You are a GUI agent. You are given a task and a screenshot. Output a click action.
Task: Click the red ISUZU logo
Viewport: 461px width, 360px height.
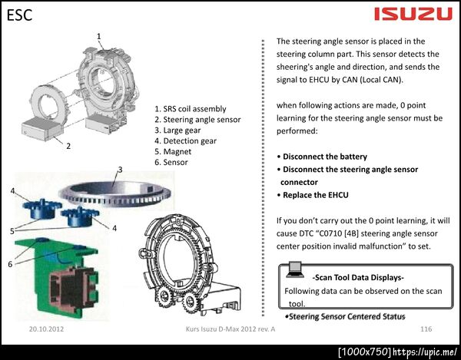click(413, 14)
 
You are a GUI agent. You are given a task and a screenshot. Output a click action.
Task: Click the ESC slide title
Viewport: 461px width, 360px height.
click(19, 15)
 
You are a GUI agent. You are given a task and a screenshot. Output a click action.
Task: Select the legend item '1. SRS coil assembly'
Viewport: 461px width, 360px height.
click(191, 109)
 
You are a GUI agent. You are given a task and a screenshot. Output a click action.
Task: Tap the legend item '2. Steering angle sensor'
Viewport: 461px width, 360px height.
click(197, 120)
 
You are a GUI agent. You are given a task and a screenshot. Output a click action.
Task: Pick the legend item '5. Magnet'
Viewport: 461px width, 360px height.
click(173, 151)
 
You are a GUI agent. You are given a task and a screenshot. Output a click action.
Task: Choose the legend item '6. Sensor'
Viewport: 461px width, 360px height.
click(171, 162)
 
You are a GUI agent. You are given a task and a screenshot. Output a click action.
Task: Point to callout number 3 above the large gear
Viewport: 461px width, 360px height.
click(120, 170)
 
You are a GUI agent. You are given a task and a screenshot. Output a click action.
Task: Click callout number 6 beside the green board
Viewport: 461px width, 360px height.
click(10, 264)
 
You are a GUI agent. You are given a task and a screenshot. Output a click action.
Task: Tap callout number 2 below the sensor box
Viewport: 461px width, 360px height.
click(68, 146)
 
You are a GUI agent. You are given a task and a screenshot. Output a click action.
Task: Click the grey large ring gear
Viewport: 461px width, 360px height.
click(114, 193)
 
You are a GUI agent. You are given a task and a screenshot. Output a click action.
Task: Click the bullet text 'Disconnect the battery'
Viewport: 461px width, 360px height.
click(325, 157)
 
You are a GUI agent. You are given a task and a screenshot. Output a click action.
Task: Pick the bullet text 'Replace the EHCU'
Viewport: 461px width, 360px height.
click(316, 195)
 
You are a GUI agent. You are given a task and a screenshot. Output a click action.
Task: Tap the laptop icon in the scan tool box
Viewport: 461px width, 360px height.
click(295, 269)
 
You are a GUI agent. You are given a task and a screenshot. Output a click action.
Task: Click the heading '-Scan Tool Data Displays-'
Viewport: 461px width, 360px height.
click(358, 278)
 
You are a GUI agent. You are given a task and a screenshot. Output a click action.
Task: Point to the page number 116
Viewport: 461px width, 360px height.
click(426, 329)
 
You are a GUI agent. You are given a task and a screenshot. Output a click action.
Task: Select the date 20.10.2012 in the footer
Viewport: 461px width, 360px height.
click(46, 329)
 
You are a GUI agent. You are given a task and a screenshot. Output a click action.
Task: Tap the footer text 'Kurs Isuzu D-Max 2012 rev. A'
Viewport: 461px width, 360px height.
click(230, 329)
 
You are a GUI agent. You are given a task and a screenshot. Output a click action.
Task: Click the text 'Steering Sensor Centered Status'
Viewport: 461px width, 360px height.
click(347, 316)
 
